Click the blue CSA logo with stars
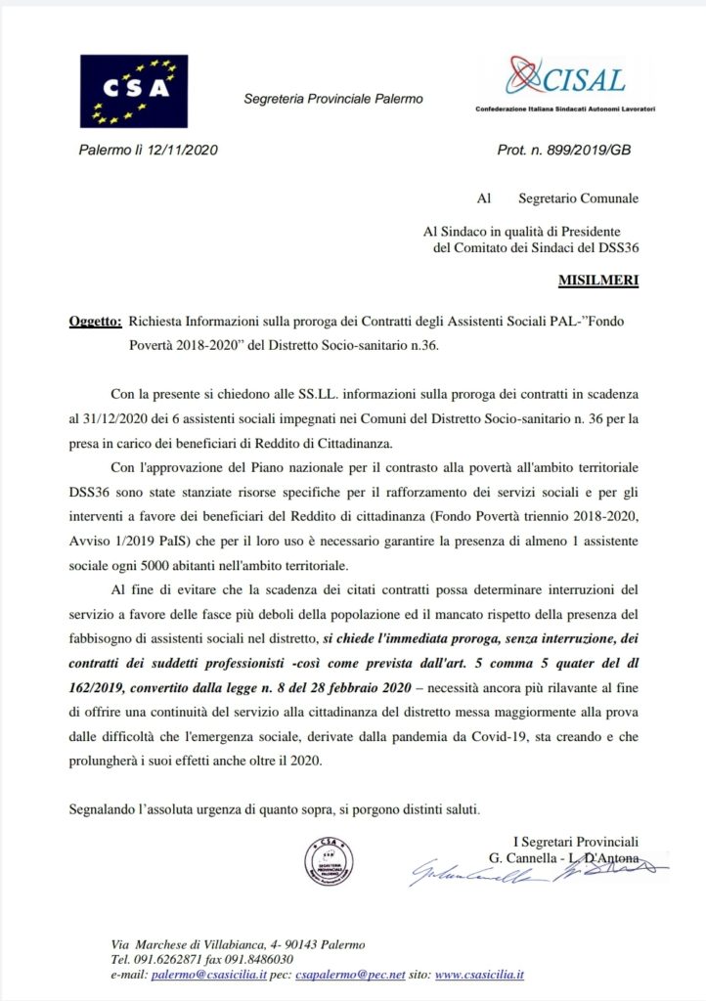point(133,91)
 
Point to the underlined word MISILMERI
point(598,281)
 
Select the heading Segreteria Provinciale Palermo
point(332,100)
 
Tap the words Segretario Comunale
point(579,198)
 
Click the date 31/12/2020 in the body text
point(121,418)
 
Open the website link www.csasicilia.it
point(479,975)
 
